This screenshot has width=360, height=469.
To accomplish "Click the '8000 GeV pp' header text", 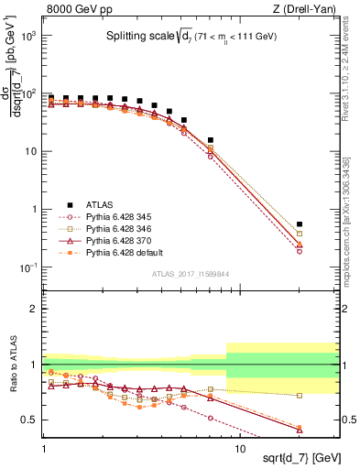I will (77, 8).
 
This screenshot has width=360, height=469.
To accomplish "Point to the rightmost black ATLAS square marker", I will (325, 224).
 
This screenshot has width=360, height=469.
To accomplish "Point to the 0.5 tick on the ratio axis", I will (32, 420).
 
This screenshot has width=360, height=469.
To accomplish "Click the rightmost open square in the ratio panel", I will (325, 396).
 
